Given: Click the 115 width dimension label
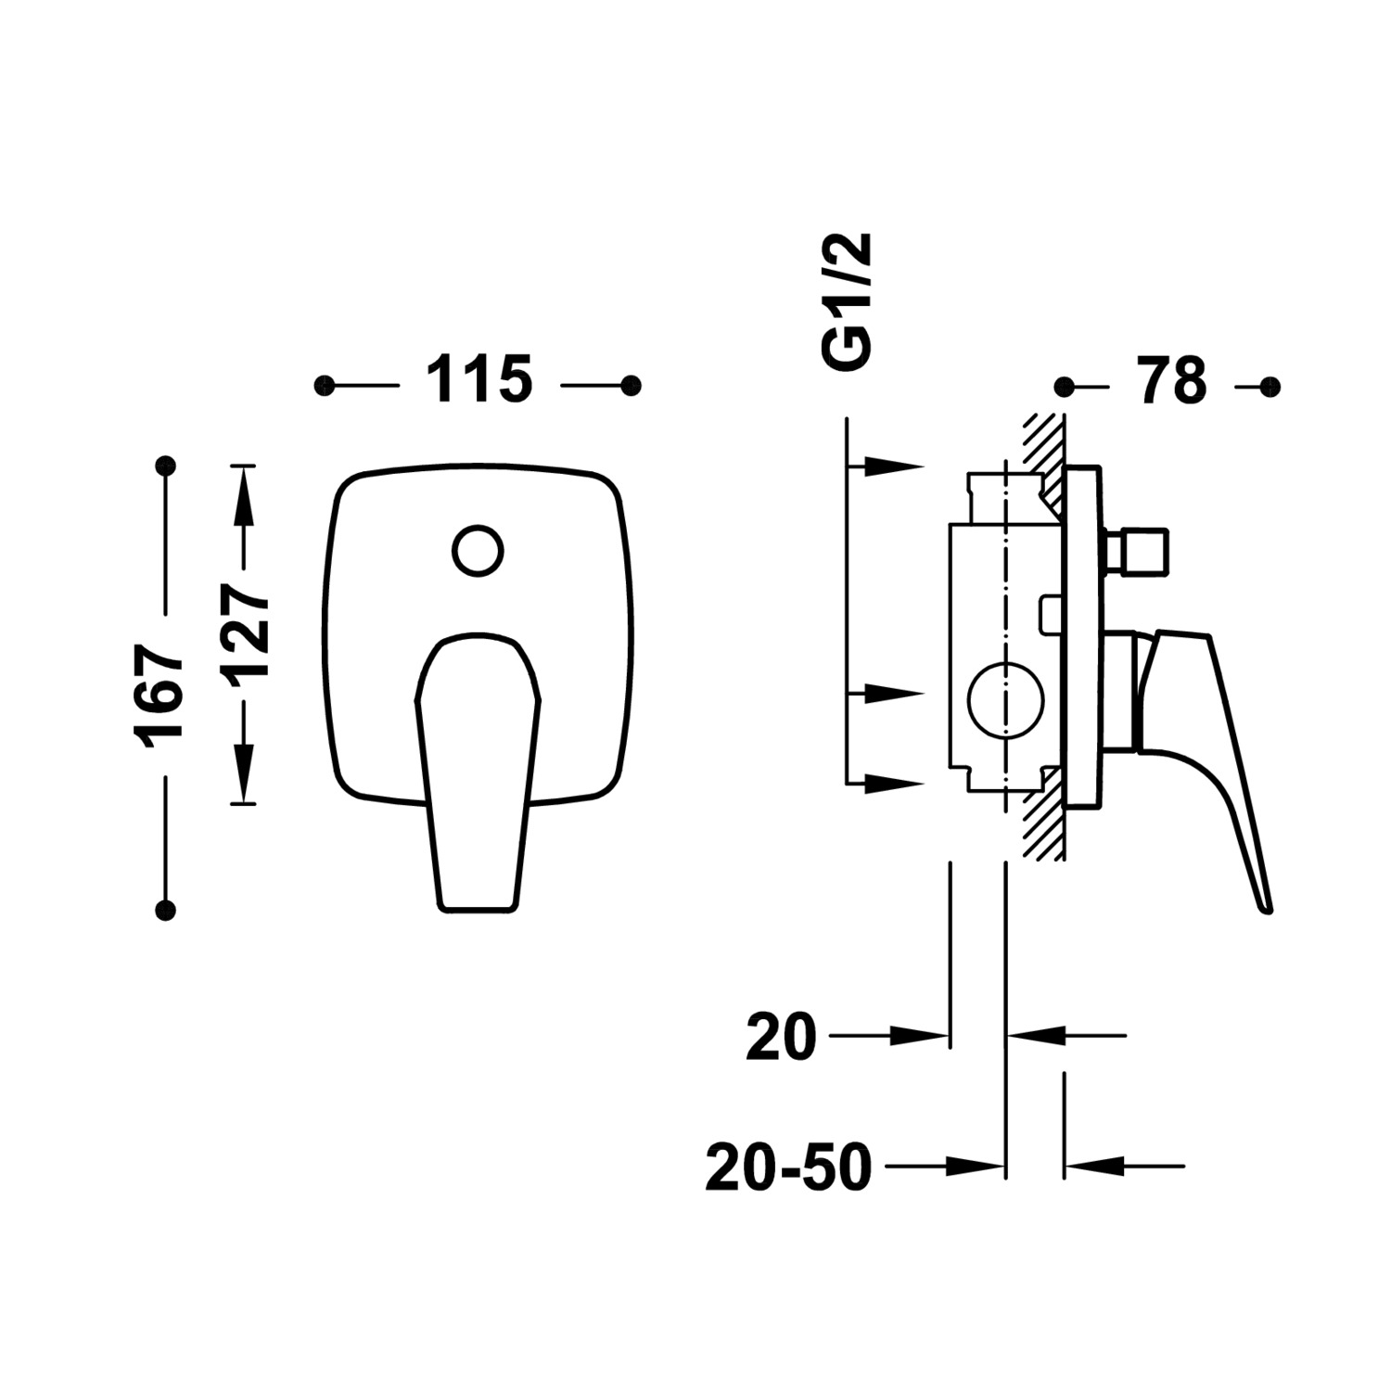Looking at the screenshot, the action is click(479, 379).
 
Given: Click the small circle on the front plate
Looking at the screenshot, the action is click(479, 551).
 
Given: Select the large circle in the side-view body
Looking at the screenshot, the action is click(1005, 700).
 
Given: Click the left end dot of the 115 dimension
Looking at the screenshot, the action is click(324, 386).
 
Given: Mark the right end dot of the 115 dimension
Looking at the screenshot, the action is click(632, 386).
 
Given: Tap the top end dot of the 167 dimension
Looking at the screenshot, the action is click(166, 466).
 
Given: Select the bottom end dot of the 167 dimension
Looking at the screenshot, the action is click(166, 910).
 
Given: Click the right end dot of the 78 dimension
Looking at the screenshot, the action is click(1271, 386).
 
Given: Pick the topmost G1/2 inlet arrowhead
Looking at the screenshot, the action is click(896, 466).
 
